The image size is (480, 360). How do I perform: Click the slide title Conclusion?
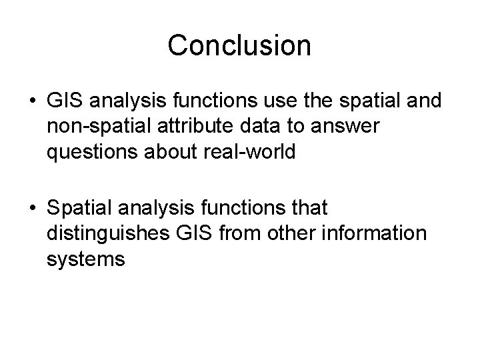(239, 46)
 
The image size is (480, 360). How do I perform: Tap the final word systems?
(86, 259)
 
